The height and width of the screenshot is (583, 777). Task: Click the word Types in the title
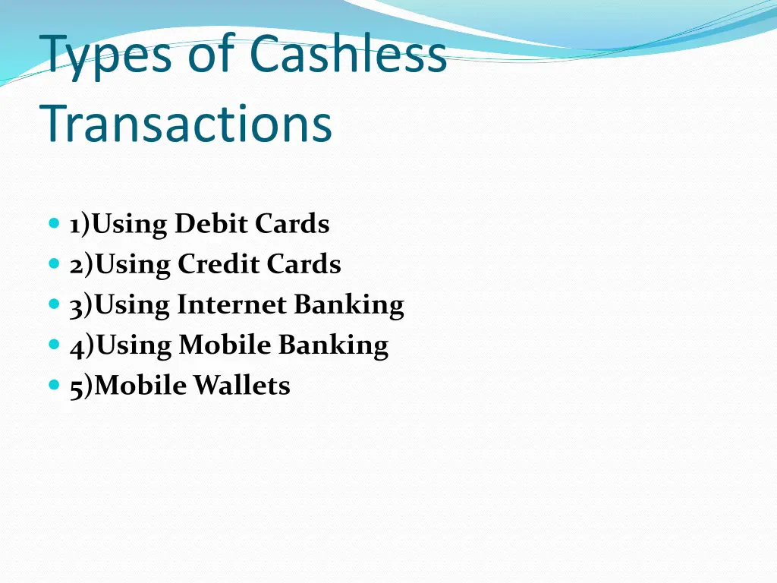click(107, 56)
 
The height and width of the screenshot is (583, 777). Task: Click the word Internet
click(232, 305)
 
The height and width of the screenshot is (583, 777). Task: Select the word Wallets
click(241, 386)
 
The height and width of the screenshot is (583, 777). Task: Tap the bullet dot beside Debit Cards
click(53, 224)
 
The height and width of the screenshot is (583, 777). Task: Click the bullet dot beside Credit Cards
click(53, 264)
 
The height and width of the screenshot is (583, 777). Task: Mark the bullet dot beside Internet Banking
click(53, 304)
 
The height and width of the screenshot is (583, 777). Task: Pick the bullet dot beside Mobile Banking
click(53, 345)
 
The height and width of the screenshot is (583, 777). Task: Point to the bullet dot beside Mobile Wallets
click(53, 385)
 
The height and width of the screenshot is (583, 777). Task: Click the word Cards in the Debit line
click(292, 225)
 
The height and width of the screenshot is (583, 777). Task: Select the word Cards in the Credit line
click(304, 265)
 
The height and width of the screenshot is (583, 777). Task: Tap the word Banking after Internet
click(349, 306)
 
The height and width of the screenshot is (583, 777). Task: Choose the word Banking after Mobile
click(333, 346)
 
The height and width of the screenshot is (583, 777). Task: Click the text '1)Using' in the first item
click(119, 225)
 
